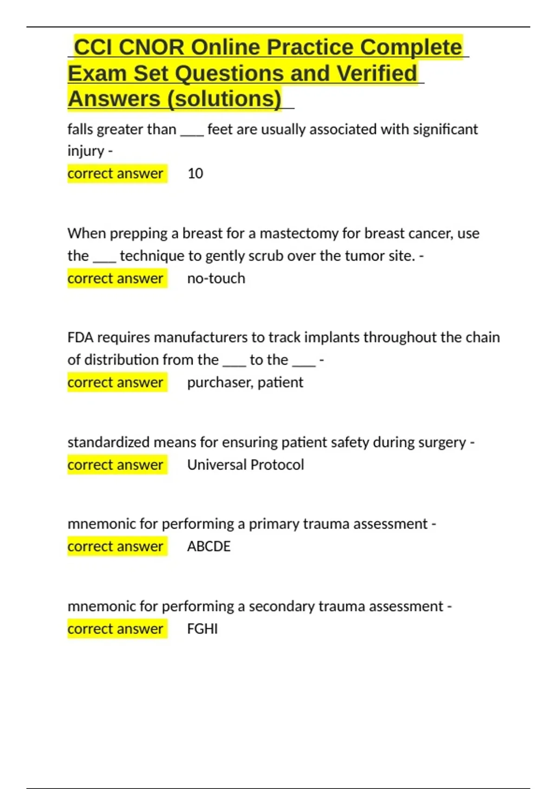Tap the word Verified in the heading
click(376, 73)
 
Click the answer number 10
click(195, 174)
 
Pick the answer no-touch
click(216, 278)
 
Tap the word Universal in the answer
click(217, 465)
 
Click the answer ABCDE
click(208, 547)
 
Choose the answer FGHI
click(202, 629)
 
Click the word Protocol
click(277, 465)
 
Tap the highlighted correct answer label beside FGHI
click(115, 629)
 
